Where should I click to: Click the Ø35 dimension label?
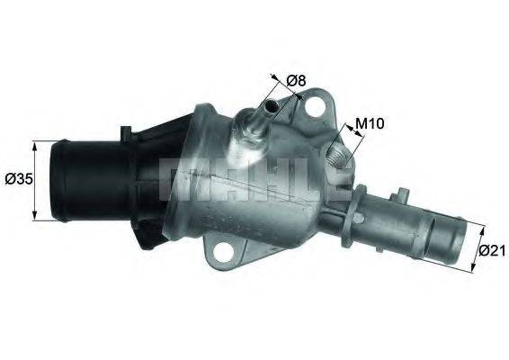coord(17,179)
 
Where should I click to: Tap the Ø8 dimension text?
coord(297,81)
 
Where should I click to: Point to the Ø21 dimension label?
coord(490,251)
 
